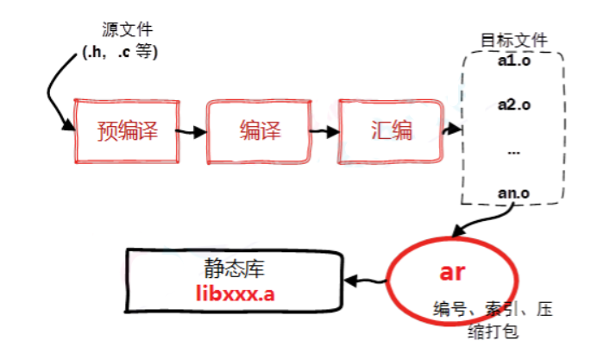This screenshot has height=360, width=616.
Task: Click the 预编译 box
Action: (125, 131)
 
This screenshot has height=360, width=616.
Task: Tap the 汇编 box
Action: (388, 131)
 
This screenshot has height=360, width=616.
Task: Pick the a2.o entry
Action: (513, 105)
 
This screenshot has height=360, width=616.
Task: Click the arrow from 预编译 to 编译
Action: (192, 133)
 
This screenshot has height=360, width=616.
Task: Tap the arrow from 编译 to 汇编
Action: (324, 133)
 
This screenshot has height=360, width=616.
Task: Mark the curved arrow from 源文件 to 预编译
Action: (53, 95)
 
